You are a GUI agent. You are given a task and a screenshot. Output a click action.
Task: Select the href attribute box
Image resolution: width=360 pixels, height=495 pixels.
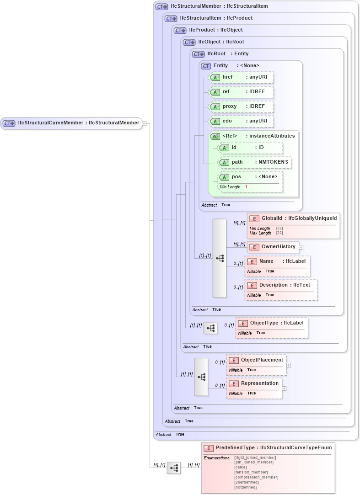[241, 77]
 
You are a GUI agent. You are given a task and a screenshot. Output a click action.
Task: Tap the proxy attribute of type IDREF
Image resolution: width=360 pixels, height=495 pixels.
[241, 106]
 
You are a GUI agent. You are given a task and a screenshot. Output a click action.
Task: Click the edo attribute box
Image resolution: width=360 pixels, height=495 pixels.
[241, 121]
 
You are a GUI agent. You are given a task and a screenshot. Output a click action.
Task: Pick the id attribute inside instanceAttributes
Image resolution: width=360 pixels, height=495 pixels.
[250, 148]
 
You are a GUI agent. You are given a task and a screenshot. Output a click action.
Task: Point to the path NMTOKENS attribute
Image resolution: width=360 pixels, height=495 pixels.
[254, 162]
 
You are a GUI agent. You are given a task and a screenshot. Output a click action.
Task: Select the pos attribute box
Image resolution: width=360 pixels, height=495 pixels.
[250, 177]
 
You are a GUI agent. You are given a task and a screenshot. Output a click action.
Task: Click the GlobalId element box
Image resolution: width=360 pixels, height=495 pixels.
[293, 218]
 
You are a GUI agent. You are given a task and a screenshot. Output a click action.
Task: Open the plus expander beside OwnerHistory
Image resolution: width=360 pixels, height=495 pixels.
[301, 247]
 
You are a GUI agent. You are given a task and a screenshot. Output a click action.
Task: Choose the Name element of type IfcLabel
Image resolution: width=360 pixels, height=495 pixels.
[278, 261]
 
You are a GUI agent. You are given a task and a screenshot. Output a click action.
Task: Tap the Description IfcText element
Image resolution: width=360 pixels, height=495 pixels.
[281, 285]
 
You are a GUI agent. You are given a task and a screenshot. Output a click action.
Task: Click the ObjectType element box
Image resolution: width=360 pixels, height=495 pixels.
[272, 323]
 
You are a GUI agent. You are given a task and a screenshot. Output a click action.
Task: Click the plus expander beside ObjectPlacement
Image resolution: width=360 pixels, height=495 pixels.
[289, 365]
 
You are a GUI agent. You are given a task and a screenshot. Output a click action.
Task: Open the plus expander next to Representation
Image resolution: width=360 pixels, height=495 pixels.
[284, 389]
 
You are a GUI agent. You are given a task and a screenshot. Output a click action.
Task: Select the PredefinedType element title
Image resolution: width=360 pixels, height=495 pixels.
[268, 448]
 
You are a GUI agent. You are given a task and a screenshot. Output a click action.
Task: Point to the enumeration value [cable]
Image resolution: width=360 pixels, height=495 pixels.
[241, 468]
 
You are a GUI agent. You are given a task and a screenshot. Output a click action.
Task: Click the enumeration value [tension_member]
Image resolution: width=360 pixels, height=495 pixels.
[251, 473]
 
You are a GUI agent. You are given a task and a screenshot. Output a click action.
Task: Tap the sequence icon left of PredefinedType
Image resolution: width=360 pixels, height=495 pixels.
[174, 468]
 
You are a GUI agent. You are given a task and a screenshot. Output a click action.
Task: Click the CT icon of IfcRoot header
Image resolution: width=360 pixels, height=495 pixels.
[198, 54]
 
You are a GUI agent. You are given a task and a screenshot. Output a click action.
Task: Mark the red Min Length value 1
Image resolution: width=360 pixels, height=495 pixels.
[246, 187]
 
